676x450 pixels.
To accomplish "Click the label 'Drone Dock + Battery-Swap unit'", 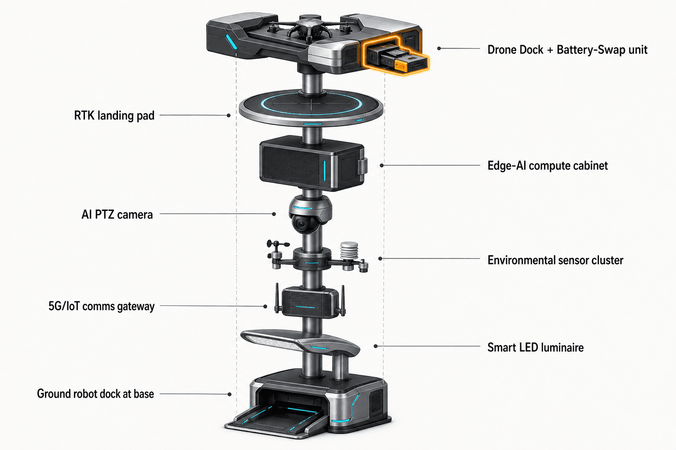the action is [567, 50].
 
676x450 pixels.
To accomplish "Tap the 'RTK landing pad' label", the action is [114, 116].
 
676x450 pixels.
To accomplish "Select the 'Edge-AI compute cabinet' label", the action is [547, 166].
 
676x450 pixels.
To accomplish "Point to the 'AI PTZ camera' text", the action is [117, 214].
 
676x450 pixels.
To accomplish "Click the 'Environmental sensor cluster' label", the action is [555, 260].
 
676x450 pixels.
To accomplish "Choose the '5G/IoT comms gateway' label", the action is [101, 306].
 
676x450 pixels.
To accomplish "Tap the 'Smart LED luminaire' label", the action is [535, 348].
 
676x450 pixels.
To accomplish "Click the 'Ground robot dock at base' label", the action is [96, 394].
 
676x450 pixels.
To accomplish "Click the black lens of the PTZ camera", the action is [301, 224].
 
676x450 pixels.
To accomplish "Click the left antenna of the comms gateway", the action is [277, 298].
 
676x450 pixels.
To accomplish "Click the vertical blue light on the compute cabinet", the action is [325, 171].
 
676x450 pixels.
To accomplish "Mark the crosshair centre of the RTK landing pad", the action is [311, 105].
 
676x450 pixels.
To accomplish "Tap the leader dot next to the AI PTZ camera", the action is [274, 214].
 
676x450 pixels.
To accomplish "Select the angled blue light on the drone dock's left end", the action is [231, 42].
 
